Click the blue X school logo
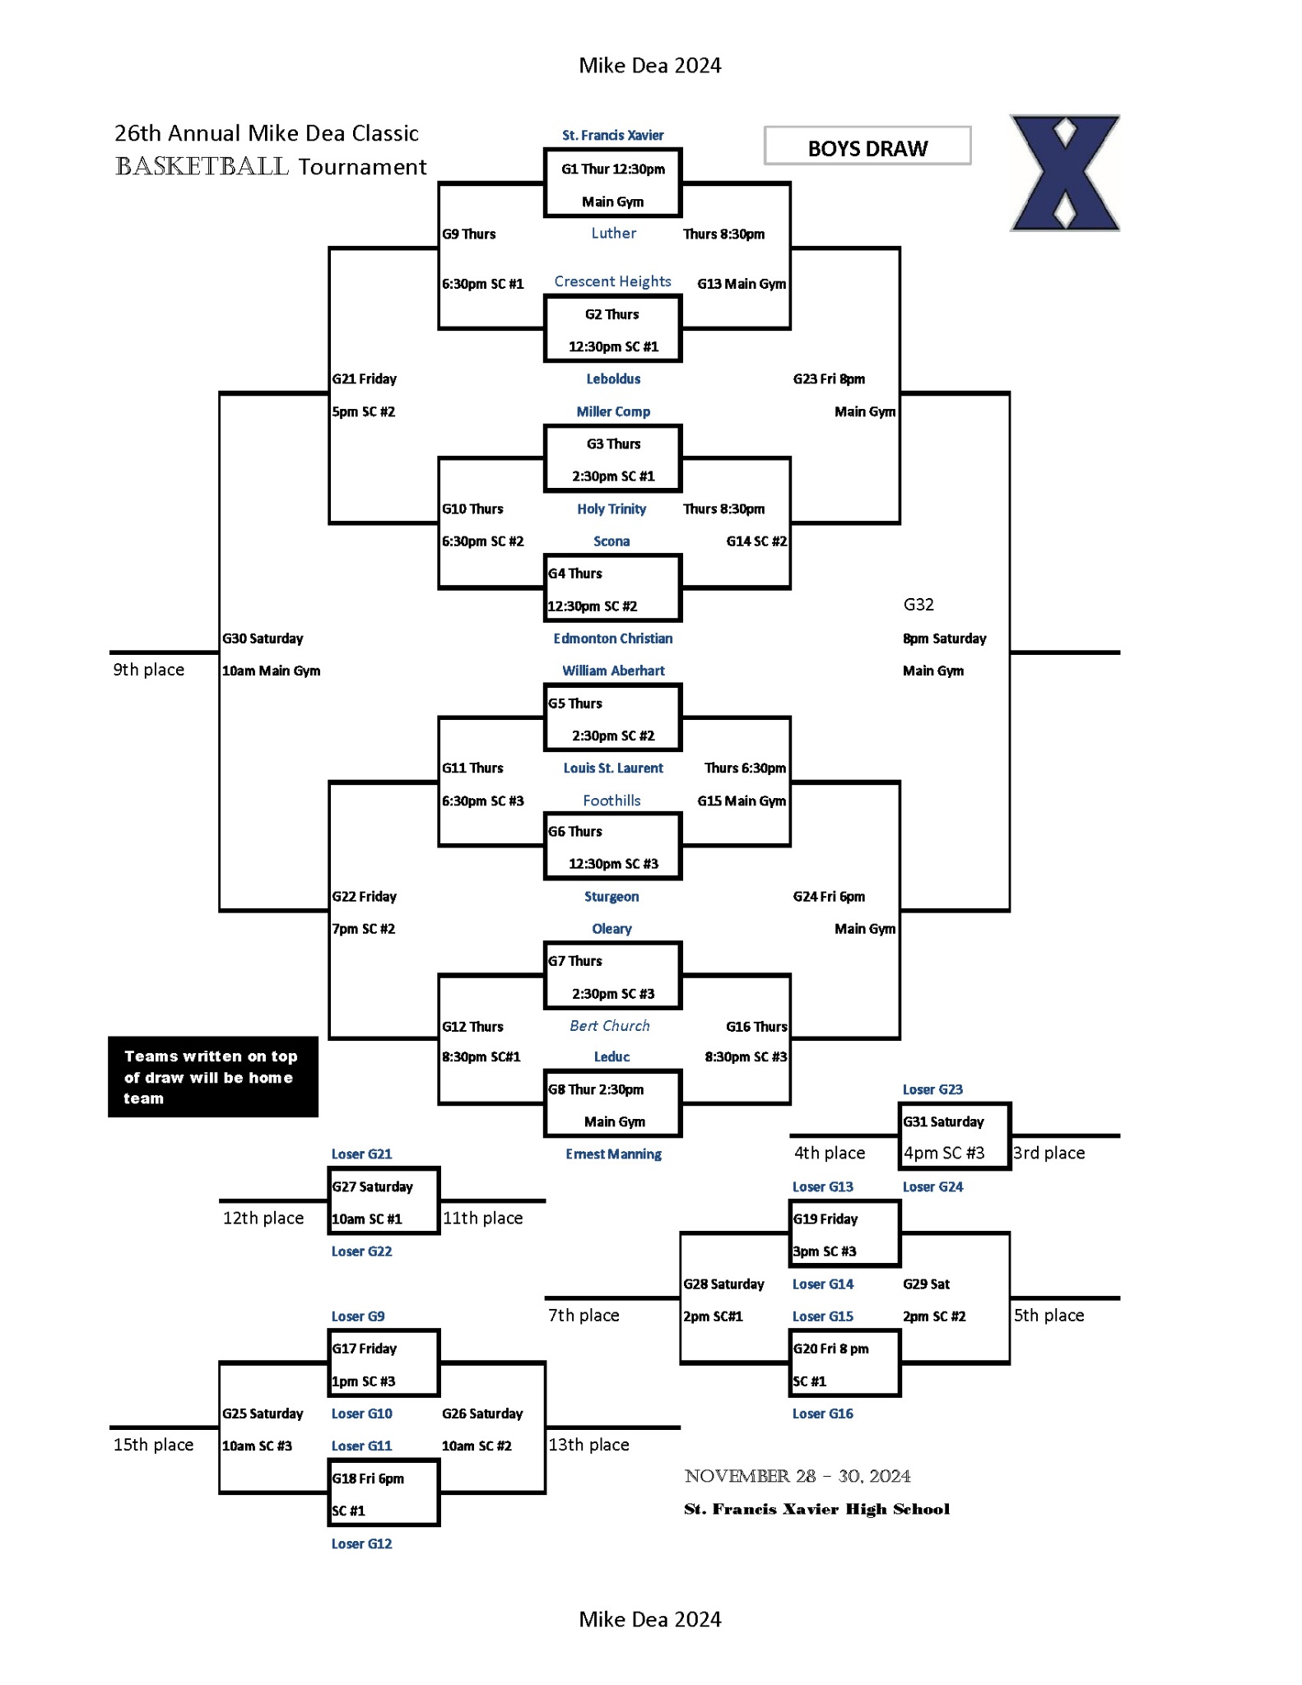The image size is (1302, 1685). coord(1064,173)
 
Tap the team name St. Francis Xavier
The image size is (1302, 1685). coord(612,135)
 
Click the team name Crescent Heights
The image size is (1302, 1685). coord(612,281)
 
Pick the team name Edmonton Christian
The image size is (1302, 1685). coord(612,638)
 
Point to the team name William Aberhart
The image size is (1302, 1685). coord(612,671)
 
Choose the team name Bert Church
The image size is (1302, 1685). coord(609,1026)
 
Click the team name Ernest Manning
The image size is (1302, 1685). coord(612,1154)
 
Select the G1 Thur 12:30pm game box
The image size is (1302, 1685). coord(612,183)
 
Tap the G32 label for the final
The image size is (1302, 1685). coord(918,605)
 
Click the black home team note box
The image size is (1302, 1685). coord(212,1077)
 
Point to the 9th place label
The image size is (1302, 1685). coord(148,670)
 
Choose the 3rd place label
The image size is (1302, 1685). coord(1049,1154)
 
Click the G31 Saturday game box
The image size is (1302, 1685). coord(954,1136)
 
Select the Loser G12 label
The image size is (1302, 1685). coord(361,1544)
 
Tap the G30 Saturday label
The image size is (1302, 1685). coord(263,638)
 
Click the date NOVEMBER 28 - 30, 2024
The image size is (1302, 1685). coord(797,1476)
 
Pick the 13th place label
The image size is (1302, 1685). coord(588,1446)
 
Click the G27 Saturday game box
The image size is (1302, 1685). coord(384,1201)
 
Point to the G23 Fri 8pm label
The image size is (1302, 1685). coord(828,379)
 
